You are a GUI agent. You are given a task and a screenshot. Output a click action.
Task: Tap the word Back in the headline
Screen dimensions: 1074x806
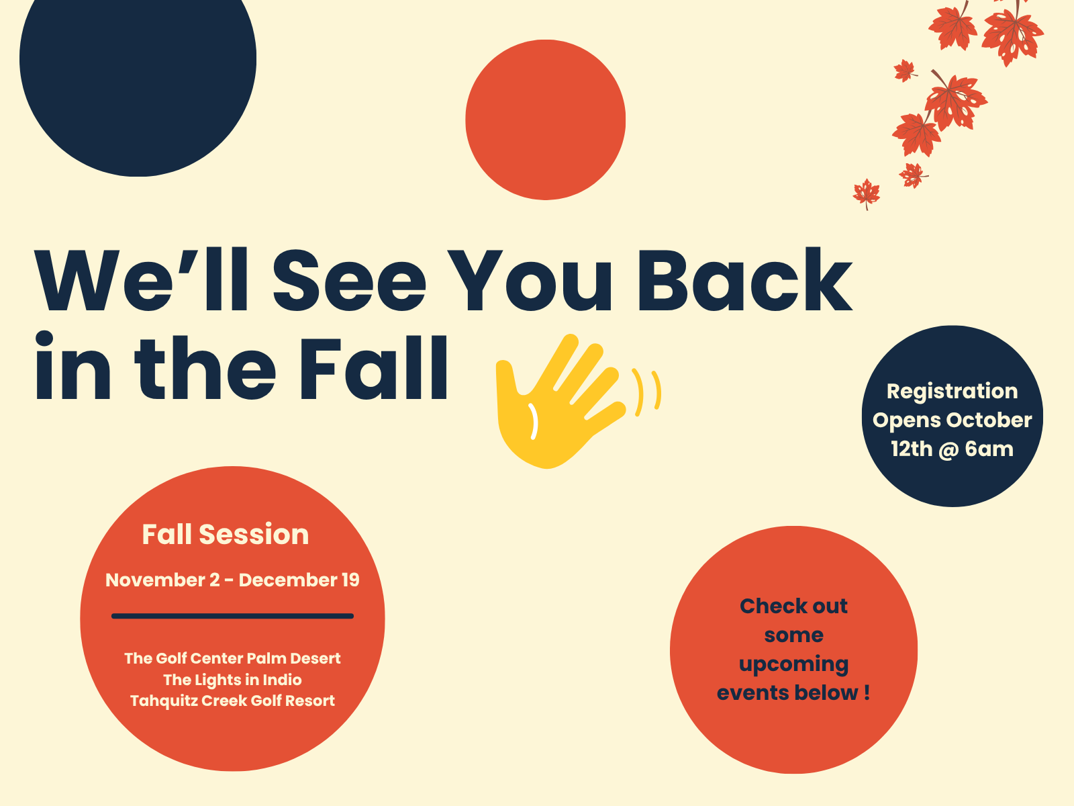point(744,279)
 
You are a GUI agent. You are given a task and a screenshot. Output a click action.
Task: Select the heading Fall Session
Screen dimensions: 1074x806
point(225,534)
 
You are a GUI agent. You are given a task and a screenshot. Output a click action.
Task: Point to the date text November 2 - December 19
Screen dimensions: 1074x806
point(232,580)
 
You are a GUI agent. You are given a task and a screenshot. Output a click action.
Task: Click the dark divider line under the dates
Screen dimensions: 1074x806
point(232,616)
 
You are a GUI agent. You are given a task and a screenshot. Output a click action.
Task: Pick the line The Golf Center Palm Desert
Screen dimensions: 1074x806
point(232,658)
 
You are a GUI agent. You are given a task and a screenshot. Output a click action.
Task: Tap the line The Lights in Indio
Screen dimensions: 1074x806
point(232,680)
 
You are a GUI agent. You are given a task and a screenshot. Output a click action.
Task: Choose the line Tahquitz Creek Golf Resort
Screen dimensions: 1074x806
point(232,701)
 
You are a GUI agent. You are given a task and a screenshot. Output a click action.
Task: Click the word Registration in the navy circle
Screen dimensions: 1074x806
point(952,392)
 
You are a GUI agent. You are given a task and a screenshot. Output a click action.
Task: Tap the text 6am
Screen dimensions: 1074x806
point(989,449)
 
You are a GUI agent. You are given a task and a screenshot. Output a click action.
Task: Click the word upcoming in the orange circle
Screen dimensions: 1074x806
point(793,664)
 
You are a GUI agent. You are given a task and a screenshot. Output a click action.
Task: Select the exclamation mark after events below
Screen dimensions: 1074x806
point(867,692)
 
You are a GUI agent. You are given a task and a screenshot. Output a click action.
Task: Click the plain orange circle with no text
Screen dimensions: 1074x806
point(546,120)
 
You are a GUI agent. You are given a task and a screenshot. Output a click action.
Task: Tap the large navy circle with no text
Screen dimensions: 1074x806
point(138,73)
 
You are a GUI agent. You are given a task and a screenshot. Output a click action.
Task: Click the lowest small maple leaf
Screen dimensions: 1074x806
point(867,194)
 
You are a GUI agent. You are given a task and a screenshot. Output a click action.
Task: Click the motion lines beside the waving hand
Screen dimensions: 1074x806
point(646,392)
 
